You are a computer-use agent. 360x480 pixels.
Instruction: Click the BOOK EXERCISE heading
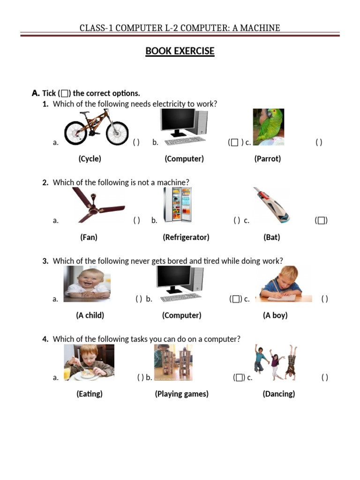click(180, 51)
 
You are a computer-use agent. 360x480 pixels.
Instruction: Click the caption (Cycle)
click(90, 158)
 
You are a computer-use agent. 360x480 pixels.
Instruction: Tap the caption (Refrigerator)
click(186, 237)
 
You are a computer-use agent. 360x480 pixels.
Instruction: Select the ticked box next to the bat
click(321, 220)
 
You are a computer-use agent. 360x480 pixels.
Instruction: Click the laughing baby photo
click(87, 283)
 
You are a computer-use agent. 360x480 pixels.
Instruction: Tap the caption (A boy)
click(275, 315)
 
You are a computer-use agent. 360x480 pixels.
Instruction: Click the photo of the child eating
click(89, 362)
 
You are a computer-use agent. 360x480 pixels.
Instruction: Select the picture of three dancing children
click(276, 361)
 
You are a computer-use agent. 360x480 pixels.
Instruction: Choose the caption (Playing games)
click(181, 394)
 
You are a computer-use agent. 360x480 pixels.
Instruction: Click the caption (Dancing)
click(279, 394)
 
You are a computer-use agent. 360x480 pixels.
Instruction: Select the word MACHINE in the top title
click(259, 28)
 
